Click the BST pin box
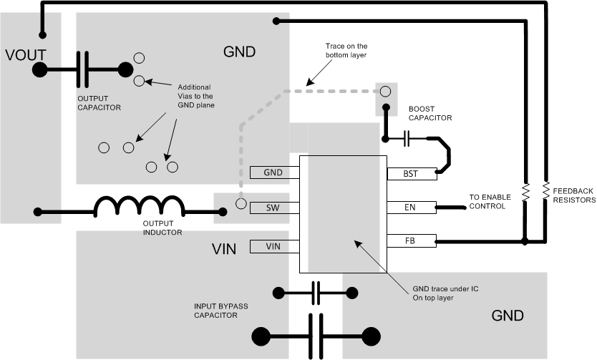411,173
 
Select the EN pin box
411,208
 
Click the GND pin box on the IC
274,172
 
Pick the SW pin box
274,207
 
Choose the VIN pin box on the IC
274,246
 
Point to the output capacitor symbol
84,69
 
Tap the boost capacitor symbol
407,138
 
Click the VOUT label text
27,54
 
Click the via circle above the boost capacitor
385,91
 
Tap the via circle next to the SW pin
242,205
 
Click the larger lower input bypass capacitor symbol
315,335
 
